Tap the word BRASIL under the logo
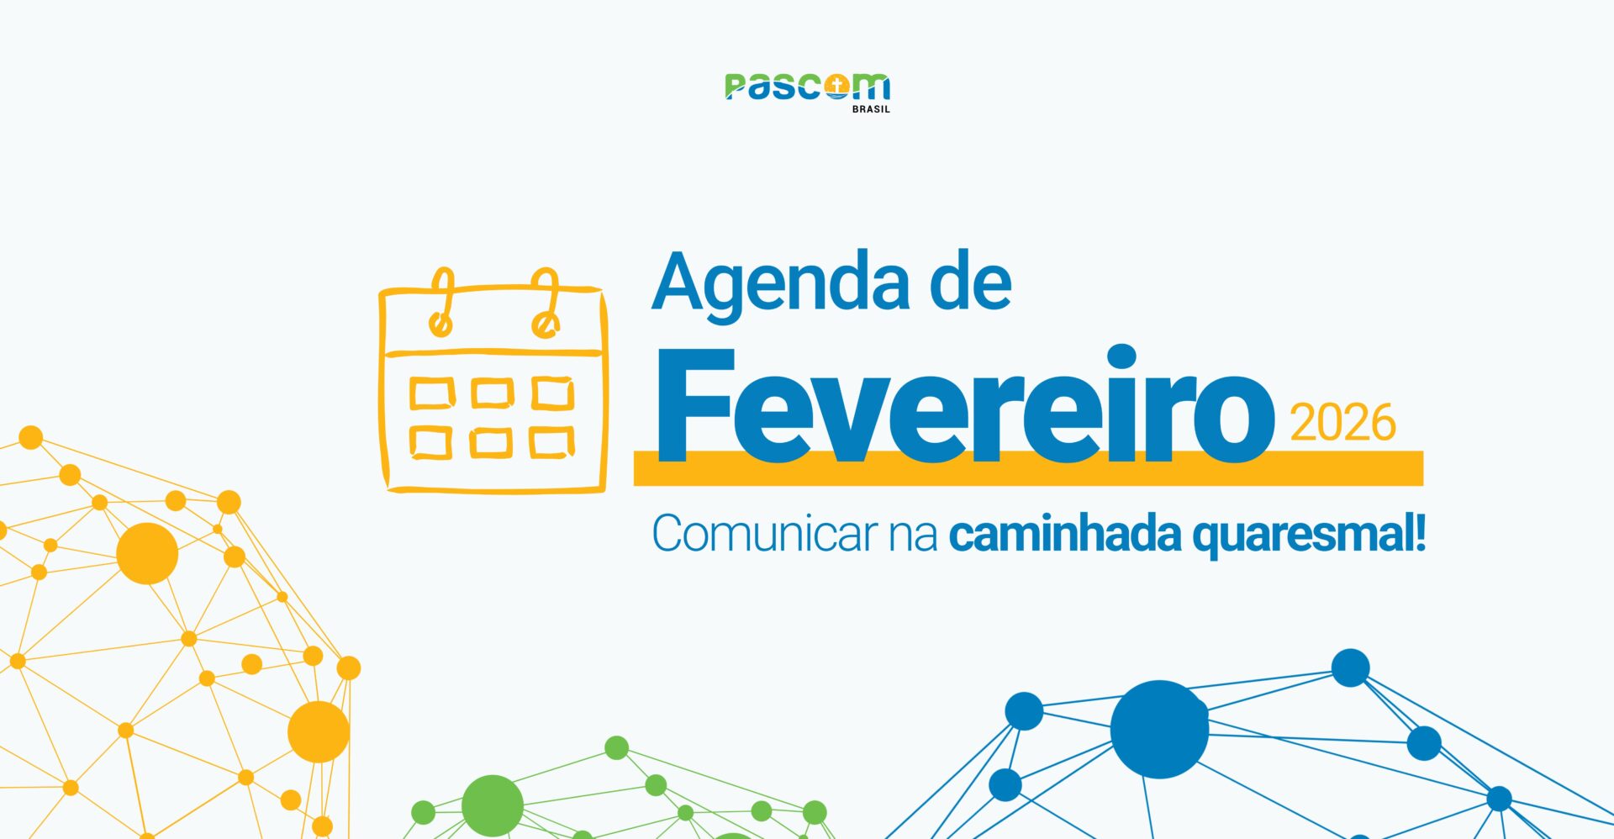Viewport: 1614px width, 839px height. tap(871, 109)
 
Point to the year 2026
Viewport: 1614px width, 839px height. tap(1342, 423)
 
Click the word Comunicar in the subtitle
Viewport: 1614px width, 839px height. tap(764, 534)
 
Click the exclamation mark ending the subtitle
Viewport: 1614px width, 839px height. tap(1420, 534)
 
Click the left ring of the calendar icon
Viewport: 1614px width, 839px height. tap(441, 303)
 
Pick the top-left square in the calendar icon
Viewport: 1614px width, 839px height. tap(432, 393)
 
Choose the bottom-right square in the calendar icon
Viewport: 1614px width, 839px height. tap(551, 442)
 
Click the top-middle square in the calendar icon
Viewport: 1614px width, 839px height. tap(492, 393)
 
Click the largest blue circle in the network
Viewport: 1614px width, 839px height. tap(1159, 729)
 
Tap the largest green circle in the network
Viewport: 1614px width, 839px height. tap(493, 805)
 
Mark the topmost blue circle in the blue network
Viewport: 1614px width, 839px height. tap(1350, 668)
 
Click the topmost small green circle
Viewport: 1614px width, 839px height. tap(616, 747)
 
